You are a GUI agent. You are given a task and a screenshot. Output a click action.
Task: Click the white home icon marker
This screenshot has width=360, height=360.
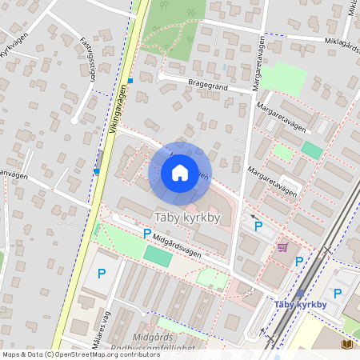180,172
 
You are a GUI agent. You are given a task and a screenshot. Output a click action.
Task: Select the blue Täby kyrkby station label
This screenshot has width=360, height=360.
300,304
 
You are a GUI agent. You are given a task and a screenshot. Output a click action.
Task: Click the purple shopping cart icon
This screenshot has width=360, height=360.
282,247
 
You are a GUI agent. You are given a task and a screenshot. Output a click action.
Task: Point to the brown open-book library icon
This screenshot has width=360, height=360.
346,343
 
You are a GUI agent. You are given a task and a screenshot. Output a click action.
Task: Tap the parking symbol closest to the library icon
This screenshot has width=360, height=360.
337,293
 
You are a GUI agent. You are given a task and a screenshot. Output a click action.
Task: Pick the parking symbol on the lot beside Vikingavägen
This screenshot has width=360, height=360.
102,274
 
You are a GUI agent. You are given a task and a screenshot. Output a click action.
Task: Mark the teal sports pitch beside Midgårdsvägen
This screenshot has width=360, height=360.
158,256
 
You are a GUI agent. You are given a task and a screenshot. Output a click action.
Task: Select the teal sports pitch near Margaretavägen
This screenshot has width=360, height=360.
311,150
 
